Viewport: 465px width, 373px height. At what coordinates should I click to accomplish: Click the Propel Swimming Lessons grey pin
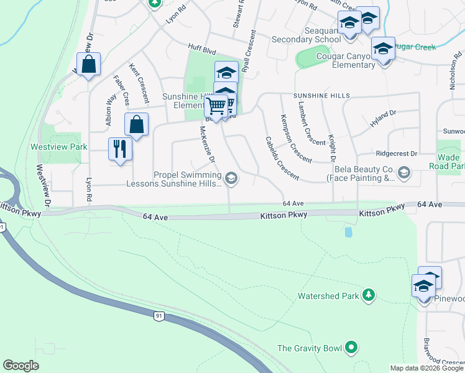click(231, 179)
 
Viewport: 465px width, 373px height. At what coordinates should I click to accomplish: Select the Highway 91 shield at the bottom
click(159, 316)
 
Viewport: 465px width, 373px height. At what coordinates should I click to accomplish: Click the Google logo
click(21, 366)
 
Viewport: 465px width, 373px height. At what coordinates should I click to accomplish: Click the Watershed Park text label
click(328, 296)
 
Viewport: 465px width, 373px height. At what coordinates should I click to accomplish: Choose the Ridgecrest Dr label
click(396, 153)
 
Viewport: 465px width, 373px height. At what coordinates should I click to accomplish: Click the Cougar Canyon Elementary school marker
click(383, 48)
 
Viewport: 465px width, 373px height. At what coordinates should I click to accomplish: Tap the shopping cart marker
click(216, 107)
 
